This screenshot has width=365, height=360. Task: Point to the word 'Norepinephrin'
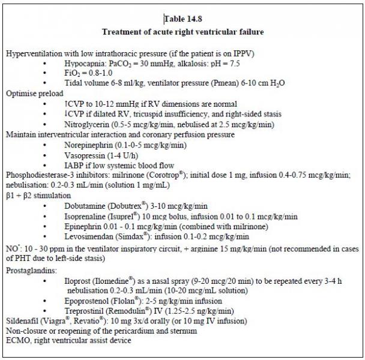[x=89, y=145]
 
